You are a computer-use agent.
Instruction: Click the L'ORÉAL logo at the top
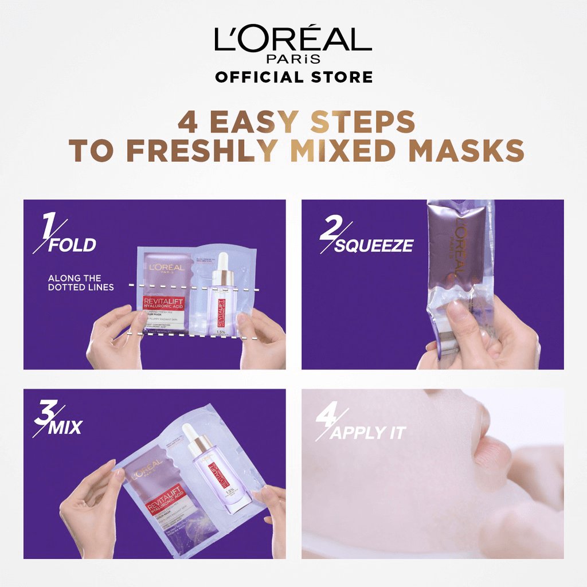point(293,40)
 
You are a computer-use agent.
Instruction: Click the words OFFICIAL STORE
point(293,76)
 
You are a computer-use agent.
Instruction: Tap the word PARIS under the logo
point(293,60)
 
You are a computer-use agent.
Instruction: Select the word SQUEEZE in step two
point(374,246)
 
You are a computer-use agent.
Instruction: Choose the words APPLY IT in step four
point(367,433)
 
